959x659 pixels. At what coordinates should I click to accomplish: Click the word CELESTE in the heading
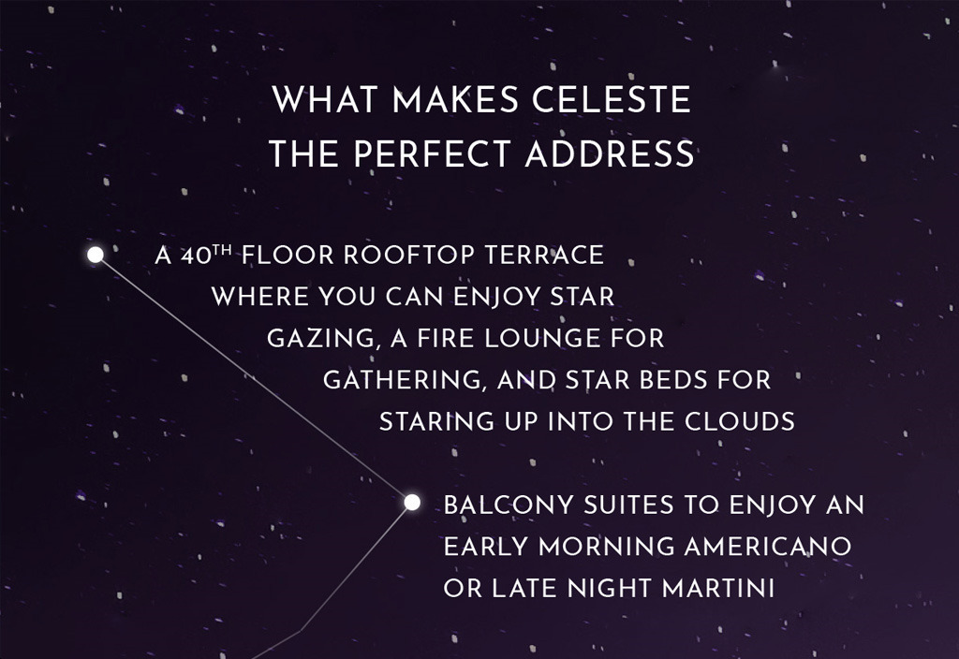tap(611, 99)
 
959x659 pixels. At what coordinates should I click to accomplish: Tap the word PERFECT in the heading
tap(431, 154)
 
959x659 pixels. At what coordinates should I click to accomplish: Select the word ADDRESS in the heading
tap(610, 154)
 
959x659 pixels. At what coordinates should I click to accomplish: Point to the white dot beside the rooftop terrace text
tap(96, 255)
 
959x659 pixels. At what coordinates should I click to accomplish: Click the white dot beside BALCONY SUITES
tap(412, 503)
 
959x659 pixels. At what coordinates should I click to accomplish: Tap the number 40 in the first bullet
tap(195, 256)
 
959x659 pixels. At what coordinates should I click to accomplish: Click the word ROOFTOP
tap(408, 255)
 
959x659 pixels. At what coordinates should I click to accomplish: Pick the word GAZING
tap(320, 339)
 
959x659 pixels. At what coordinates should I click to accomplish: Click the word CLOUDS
tap(740, 421)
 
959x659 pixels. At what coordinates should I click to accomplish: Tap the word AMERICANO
tap(768, 547)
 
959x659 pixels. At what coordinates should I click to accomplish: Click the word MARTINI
tap(718, 588)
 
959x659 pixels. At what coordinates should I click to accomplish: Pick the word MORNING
tap(606, 547)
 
